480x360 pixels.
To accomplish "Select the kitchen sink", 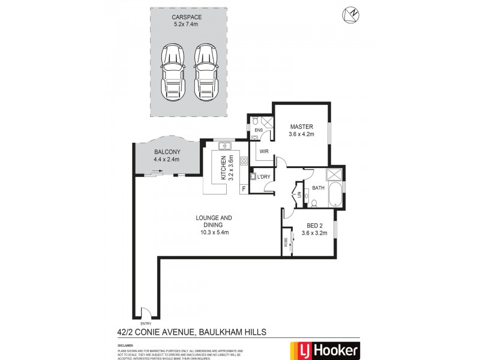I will click(x=226, y=146).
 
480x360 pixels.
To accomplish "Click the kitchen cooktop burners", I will click(x=244, y=160).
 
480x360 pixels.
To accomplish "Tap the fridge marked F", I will click(x=243, y=189).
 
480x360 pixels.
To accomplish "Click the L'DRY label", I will click(x=265, y=177).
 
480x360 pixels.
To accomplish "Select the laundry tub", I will click(x=254, y=176).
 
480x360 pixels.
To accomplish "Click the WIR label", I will click(x=264, y=152).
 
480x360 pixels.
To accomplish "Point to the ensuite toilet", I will click(x=254, y=119).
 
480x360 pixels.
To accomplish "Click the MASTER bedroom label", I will click(x=301, y=127).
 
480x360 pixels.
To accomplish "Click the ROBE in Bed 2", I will click(x=286, y=244).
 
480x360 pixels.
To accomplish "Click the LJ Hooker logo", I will click(x=325, y=349).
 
